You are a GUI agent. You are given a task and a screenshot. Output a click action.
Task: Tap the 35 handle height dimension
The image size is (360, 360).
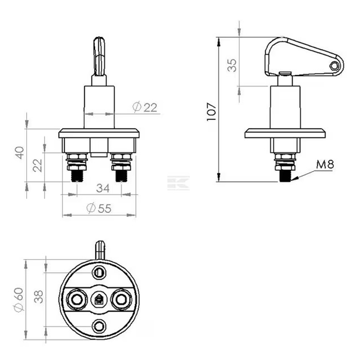tap(232, 65)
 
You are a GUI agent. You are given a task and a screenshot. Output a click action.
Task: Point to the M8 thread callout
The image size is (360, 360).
tap(325, 165)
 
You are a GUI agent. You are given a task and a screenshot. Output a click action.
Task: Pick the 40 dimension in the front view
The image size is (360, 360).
tap(19, 153)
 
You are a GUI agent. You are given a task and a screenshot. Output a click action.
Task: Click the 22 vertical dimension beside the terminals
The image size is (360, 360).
tap(37, 166)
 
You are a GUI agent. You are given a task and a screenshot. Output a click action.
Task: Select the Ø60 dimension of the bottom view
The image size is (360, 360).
tap(19, 298)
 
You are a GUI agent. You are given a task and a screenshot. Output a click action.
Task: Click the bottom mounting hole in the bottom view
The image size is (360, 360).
tap(99, 324)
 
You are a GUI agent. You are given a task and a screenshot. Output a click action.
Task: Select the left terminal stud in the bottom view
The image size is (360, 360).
tap(76, 298)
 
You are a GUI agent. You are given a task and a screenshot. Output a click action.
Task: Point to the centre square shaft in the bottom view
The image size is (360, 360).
tap(99, 298)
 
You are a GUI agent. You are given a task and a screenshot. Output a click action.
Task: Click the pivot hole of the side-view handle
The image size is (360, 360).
tap(335, 65)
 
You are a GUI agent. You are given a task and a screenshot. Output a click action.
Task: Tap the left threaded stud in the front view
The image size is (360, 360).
tap(76, 175)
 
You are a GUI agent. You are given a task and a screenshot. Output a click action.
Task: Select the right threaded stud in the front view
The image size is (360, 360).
tap(121, 175)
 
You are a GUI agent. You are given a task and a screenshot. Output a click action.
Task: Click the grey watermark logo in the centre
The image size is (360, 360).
tap(179, 184)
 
